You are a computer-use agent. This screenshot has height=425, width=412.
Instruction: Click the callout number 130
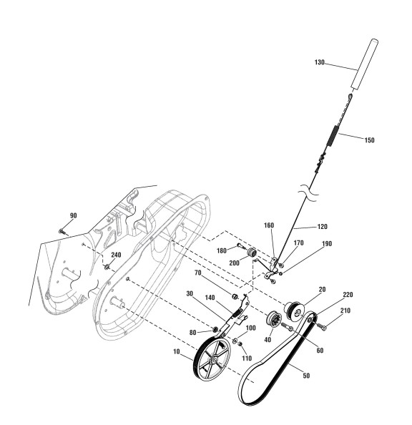[319, 62]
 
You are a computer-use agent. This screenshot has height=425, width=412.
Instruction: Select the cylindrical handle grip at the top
[364, 64]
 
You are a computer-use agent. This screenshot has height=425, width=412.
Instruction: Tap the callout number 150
[369, 140]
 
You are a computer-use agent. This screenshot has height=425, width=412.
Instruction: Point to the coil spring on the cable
[333, 136]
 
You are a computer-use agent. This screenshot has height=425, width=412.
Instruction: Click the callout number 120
[322, 226]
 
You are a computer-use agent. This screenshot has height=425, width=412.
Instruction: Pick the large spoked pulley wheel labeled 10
[212, 360]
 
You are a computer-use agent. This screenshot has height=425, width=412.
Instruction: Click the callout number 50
[306, 376]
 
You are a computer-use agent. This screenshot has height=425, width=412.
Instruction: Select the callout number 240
[116, 255]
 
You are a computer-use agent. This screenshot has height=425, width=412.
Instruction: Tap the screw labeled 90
[62, 232]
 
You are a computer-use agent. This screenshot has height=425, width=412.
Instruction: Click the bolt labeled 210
[321, 326]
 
